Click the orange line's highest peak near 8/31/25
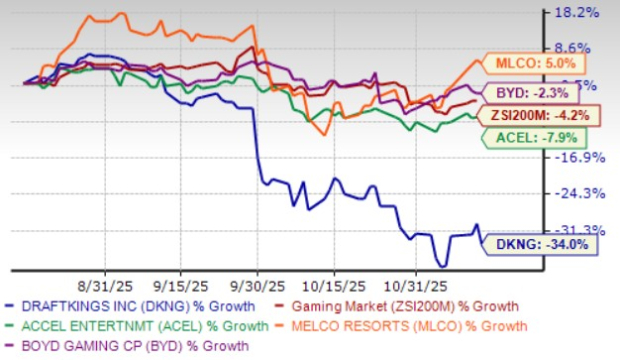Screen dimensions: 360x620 (93, 17)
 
